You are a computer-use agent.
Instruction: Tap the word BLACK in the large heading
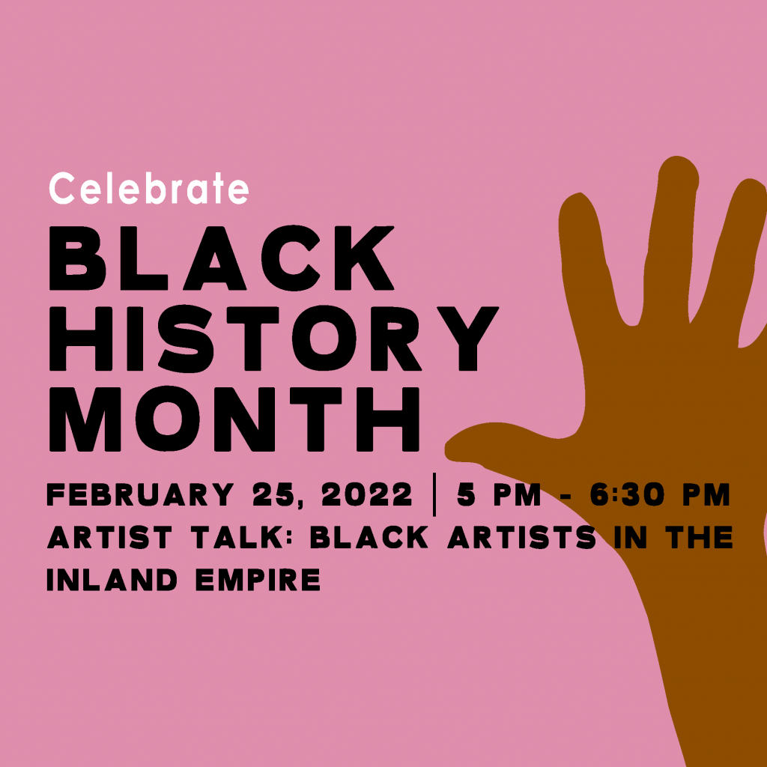click(x=221, y=258)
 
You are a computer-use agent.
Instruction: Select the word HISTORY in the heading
click(x=273, y=342)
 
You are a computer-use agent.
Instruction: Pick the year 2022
click(x=368, y=495)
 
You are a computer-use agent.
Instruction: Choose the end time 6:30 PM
click(x=659, y=495)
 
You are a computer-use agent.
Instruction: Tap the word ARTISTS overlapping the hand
click(x=524, y=538)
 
